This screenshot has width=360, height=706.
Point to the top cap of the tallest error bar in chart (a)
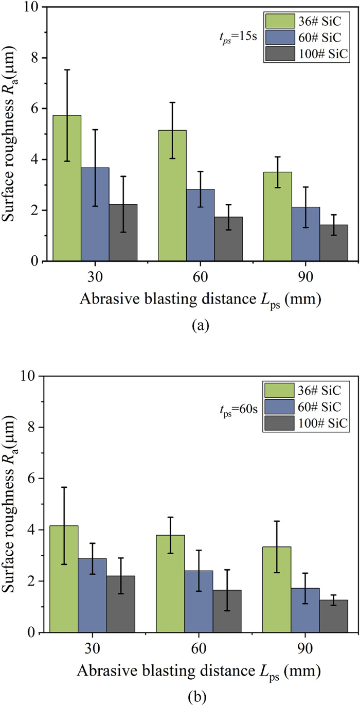click(x=67, y=69)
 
